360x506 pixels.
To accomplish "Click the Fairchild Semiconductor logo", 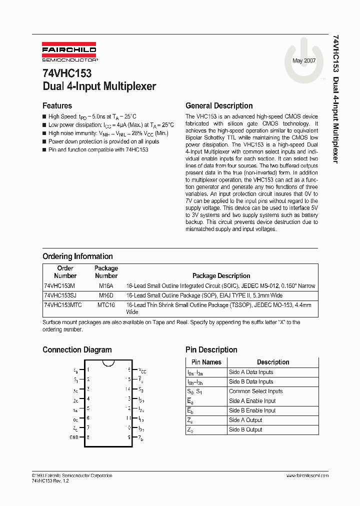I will point(69,53).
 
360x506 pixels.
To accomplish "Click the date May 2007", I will point(303,61).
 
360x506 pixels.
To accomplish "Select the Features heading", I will point(57,105).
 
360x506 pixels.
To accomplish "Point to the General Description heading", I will point(219,105).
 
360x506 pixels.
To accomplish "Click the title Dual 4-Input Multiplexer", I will point(99,86).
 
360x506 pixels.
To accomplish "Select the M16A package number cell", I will point(105,285).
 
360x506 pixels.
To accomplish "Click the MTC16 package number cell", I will point(106,304).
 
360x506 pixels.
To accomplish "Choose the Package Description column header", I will point(221,275).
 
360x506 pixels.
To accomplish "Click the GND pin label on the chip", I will point(74,436).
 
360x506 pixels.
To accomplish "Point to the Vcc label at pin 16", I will point(142,370).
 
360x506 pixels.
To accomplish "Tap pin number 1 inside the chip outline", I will point(88,370).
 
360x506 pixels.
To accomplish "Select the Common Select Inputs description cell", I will point(255,391).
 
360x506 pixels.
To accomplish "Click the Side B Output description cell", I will point(245,429).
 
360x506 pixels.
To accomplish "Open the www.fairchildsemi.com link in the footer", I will point(307,475).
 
